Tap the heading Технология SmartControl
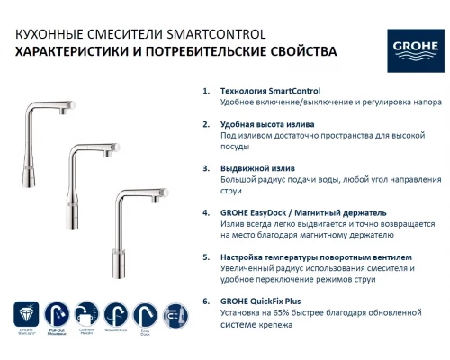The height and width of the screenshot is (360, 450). point(271,92)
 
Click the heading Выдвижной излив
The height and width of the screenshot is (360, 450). point(257,169)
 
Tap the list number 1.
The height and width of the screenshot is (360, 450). point(206,92)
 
